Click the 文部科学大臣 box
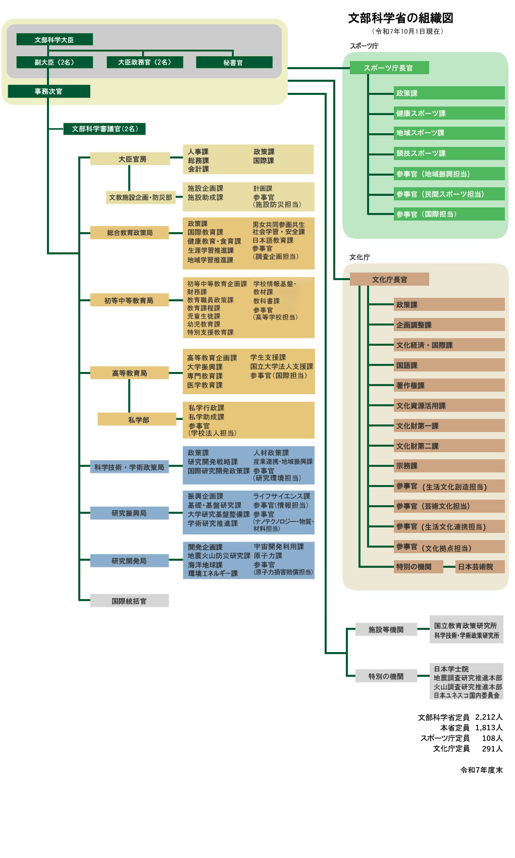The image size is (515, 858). (x=55, y=39)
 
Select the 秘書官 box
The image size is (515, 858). (x=234, y=63)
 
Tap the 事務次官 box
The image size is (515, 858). (x=49, y=91)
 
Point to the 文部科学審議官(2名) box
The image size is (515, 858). (x=105, y=129)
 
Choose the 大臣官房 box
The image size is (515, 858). (x=130, y=159)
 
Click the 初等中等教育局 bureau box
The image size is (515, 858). (x=129, y=300)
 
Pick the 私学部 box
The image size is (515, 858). (x=137, y=419)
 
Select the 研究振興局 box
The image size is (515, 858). (x=129, y=513)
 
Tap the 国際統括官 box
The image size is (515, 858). (x=129, y=601)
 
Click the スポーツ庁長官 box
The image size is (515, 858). (x=389, y=68)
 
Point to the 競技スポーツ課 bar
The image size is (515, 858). (x=449, y=153)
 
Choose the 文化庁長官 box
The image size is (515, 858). (x=389, y=279)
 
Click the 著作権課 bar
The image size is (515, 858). (x=449, y=386)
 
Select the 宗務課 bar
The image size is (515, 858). (x=449, y=466)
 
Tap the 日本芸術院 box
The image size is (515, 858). (x=480, y=567)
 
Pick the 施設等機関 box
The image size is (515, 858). (x=386, y=629)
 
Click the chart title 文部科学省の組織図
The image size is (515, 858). (x=400, y=18)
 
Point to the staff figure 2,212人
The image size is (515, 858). (x=489, y=717)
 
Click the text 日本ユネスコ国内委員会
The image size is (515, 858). (x=467, y=695)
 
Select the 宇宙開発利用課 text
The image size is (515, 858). (x=279, y=547)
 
